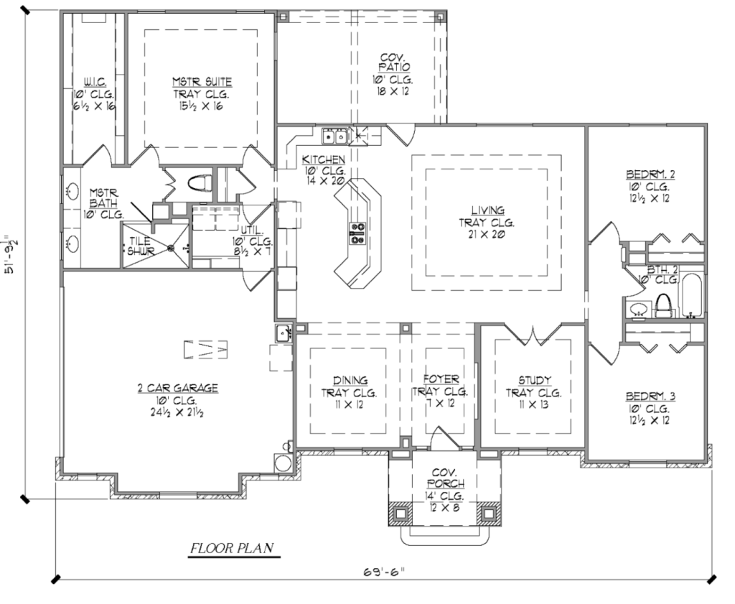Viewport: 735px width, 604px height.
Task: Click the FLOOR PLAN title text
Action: [x=232, y=548]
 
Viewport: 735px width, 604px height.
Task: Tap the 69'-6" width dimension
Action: [x=383, y=572]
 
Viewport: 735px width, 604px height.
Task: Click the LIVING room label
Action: [x=488, y=210]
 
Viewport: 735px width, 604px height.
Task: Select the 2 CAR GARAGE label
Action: [x=177, y=389]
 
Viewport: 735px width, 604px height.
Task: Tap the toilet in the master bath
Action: [x=200, y=183]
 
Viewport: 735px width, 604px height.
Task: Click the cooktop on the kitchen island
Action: [x=357, y=233]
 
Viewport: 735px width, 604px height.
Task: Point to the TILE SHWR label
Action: [x=141, y=246]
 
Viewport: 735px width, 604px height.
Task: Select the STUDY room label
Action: [x=534, y=381]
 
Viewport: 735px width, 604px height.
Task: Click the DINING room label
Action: [x=350, y=381]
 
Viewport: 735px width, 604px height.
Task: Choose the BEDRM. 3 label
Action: [x=650, y=396]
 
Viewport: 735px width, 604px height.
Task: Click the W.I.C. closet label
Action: [x=94, y=82]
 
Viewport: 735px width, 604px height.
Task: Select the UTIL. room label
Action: [x=253, y=231]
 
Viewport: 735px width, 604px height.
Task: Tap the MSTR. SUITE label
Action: [x=202, y=82]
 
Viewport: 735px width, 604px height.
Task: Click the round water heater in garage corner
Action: [x=283, y=463]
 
